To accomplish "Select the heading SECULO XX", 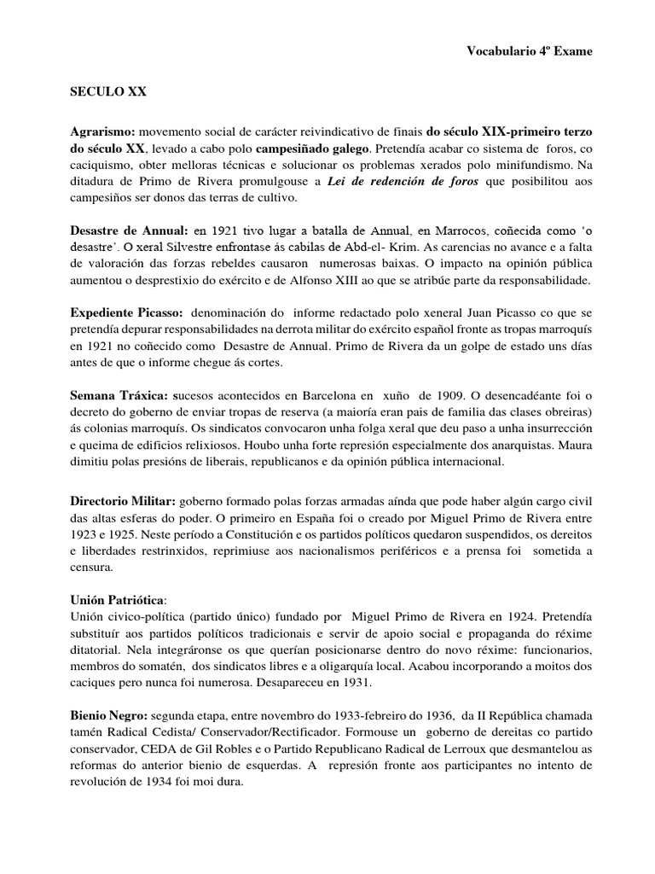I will (x=108, y=92).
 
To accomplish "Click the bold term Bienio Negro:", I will (x=108, y=714).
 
